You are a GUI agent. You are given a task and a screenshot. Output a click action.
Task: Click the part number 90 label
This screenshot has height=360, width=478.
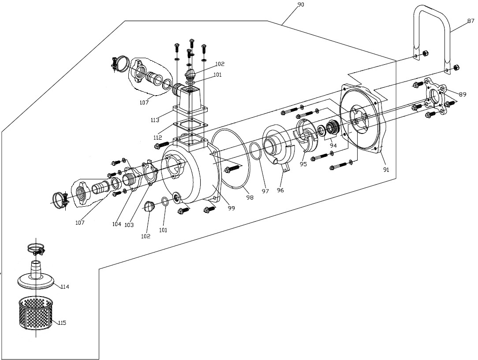[301, 5]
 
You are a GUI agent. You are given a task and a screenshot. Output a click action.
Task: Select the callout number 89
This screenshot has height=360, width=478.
[463, 94]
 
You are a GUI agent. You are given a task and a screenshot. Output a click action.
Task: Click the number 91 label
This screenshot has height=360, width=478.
[386, 170]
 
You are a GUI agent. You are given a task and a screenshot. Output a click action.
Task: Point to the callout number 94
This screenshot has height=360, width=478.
[333, 145]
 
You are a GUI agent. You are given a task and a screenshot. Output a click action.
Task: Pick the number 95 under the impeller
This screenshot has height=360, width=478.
[303, 164]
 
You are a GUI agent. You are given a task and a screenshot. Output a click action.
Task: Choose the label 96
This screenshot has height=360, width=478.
[280, 190]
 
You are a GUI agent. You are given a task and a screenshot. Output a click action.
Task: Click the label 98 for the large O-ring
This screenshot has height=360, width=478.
[250, 198]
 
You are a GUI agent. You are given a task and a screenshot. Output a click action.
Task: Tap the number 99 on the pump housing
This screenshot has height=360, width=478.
[232, 208]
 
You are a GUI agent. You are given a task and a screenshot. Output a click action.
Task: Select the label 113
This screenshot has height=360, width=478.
[154, 120]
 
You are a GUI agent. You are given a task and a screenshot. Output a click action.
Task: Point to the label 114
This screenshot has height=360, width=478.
[65, 287]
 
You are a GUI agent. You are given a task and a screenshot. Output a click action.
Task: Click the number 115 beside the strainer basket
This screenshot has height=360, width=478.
[62, 323]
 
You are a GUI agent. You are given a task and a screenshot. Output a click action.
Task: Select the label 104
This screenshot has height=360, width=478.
[117, 224]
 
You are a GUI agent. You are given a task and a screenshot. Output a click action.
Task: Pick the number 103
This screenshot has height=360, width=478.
[129, 225]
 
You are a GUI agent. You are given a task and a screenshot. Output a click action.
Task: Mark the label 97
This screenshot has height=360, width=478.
[265, 191]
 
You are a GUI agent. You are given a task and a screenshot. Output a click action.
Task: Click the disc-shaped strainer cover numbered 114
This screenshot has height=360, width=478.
[37, 281]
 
